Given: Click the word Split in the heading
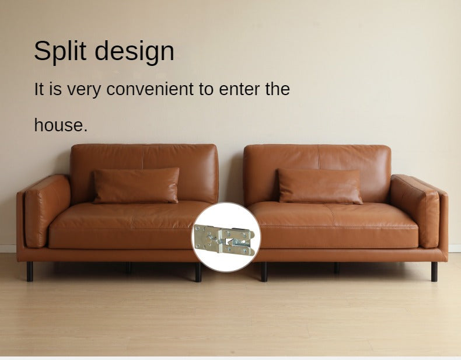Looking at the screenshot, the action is click(x=60, y=51).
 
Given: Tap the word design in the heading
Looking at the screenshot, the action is click(x=134, y=52).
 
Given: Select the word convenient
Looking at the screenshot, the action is click(x=150, y=89).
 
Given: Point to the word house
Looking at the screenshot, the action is click(x=61, y=125).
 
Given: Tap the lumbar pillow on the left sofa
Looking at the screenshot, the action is click(x=136, y=186).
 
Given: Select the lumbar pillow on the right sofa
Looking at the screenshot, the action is click(x=320, y=186).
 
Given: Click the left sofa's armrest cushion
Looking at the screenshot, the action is click(x=47, y=211).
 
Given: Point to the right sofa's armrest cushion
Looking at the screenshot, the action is click(x=415, y=211).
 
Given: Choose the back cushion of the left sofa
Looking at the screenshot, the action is click(x=144, y=173).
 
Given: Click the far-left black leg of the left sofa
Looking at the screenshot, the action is click(x=30, y=271).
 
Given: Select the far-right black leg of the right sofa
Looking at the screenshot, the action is click(x=434, y=271).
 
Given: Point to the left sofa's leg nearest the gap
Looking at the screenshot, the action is click(x=198, y=272).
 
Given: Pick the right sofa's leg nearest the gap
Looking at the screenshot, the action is click(x=264, y=272).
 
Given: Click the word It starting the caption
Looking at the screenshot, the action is click(x=39, y=89).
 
